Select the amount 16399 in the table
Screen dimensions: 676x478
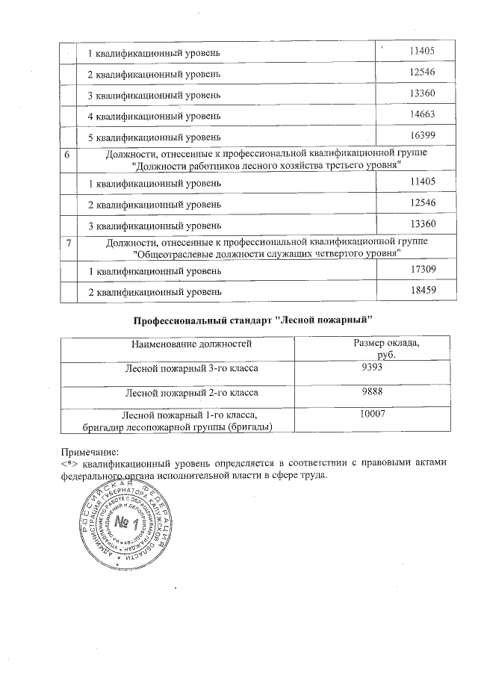[423, 135]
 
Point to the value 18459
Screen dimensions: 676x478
[423, 290]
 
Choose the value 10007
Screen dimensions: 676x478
[371, 414]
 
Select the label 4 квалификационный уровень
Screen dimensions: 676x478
[154, 116]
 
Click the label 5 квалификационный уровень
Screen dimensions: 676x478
[154, 137]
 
